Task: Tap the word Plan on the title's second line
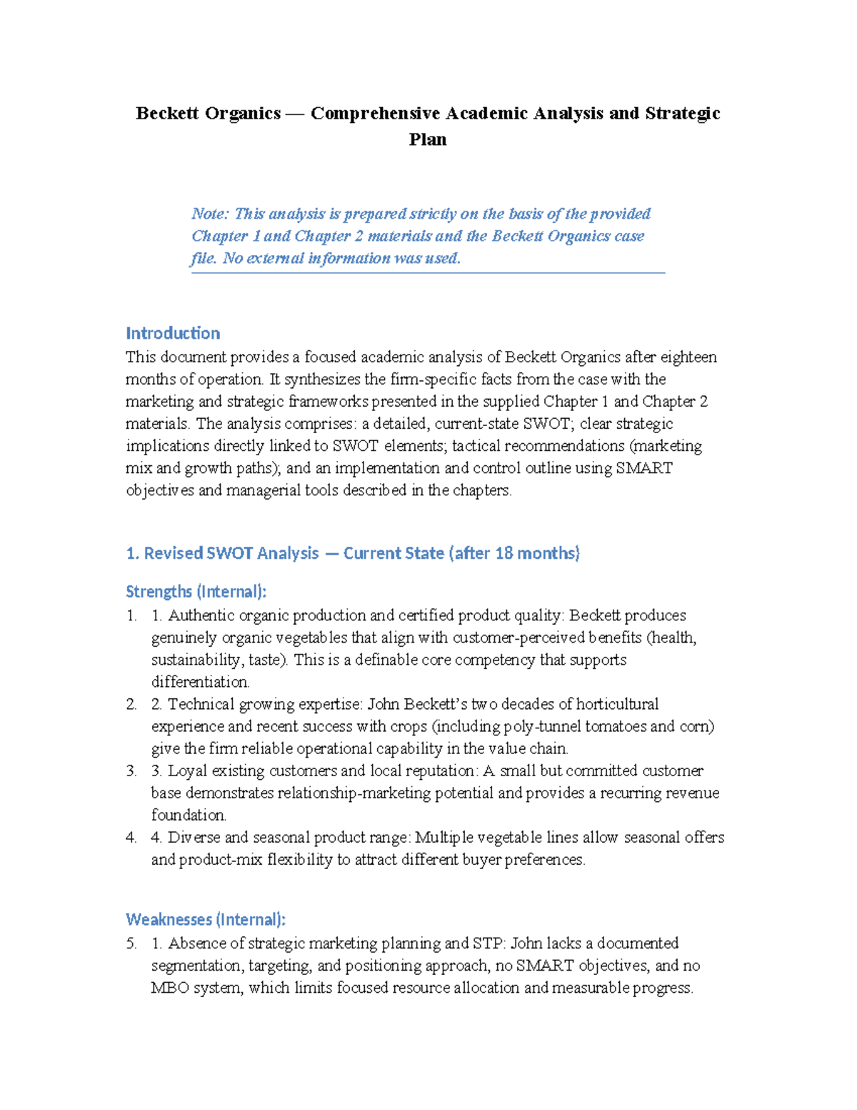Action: click(x=428, y=139)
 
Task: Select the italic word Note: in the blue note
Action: click(x=210, y=214)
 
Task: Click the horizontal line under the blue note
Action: click(x=428, y=272)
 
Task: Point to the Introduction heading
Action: click(x=173, y=333)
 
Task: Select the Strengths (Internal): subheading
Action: click(x=196, y=592)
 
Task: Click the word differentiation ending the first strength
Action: click(x=200, y=682)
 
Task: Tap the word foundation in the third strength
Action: click(x=189, y=815)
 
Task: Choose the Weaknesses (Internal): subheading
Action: click(x=206, y=919)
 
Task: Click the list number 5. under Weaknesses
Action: click(x=131, y=943)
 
